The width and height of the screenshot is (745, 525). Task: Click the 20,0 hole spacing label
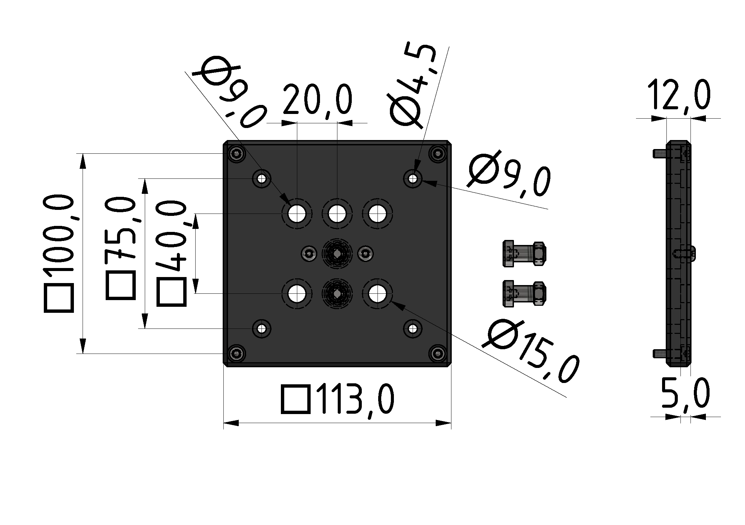click(317, 99)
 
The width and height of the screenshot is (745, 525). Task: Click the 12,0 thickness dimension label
click(679, 95)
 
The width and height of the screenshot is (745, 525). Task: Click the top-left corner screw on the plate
click(237, 154)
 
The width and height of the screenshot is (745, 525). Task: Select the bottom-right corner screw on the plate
click(438, 353)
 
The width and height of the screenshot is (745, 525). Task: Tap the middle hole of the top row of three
click(337, 214)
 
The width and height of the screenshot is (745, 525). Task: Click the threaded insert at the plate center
click(337, 254)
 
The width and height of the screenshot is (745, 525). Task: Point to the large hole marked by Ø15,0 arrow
click(378, 294)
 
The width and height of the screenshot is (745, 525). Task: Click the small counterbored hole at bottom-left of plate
click(262, 329)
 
